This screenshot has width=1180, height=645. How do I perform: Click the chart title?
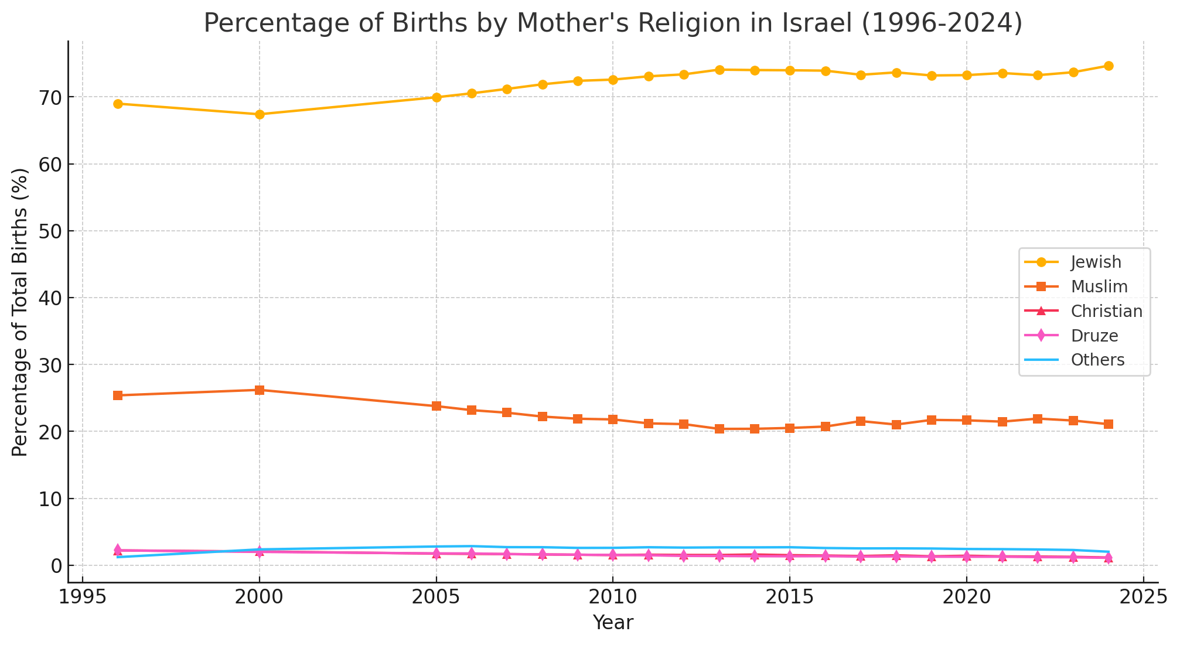coord(613,23)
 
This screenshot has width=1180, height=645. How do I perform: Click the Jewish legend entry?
coord(1096,262)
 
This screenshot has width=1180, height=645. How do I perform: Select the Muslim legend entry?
coord(1099,286)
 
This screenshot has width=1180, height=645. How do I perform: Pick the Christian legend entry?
coord(1106,311)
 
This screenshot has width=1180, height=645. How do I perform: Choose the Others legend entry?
coord(1097,360)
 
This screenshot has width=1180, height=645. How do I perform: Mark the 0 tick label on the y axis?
coord(55,566)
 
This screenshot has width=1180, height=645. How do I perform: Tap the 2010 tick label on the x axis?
coord(612,599)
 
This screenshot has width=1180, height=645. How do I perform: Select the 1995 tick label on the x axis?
coord(83,599)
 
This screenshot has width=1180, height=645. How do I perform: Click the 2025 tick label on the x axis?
coord(1143,599)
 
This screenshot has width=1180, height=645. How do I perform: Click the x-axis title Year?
coord(613,623)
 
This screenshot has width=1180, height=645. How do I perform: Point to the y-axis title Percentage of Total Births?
coord(21,312)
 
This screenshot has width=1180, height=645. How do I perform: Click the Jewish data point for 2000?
coord(260,114)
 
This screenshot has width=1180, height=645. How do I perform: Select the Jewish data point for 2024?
coord(1108,66)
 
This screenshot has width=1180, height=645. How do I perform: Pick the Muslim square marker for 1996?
coord(118,395)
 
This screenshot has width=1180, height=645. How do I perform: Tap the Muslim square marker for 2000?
coord(260,390)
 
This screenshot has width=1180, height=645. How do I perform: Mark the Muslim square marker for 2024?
coord(1108,424)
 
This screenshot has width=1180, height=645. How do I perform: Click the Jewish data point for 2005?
coord(436,97)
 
